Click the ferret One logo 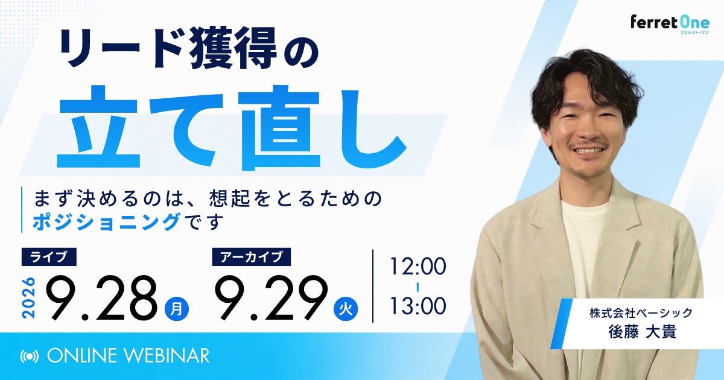pos(670,25)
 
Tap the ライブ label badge pos(49,257)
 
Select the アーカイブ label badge pos(251,257)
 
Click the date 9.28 pos(102,297)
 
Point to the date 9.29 pos(271,297)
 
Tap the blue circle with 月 pos(177,309)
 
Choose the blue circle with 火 pos(346,309)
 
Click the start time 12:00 pos(418,266)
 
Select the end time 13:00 pos(418,306)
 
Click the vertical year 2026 pos(28,297)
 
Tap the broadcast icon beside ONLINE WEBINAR pos(30,356)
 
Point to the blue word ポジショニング pos(107,222)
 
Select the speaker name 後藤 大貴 pos(642,332)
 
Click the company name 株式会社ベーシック pos(641,313)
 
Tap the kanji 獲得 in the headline pos(233,48)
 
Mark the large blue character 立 pos(98,127)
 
